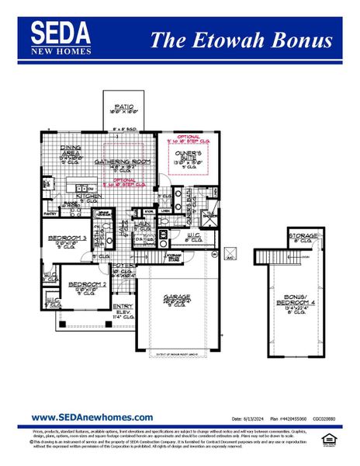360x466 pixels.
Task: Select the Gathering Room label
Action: coord(116,162)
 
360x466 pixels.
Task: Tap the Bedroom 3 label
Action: coord(67,238)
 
